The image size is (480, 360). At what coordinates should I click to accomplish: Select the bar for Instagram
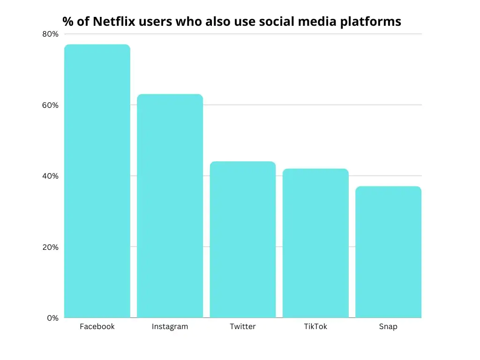[x=170, y=206]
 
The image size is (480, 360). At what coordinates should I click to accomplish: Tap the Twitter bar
[x=243, y=240]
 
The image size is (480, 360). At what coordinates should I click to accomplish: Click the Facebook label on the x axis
[x=97, y=327]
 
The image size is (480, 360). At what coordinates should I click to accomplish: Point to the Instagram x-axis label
[x=170, y=327]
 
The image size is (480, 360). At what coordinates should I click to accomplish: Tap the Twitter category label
[x=243, y=327]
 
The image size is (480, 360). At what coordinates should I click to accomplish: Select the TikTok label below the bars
[x=315, y=327]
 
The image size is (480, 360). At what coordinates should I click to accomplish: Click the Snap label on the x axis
[x=388, y=327]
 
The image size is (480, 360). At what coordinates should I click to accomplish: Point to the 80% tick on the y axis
[x=51, y=34]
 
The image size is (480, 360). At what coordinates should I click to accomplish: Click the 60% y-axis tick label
[x=51, y=105]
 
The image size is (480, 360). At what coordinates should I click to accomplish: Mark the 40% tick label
[x=51, y=176]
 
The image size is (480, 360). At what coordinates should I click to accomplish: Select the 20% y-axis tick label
[x=51, y=247]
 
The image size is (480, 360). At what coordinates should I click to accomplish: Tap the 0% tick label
[x=52, y=318]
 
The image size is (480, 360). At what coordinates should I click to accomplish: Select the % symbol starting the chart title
[x=67, y=22]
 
